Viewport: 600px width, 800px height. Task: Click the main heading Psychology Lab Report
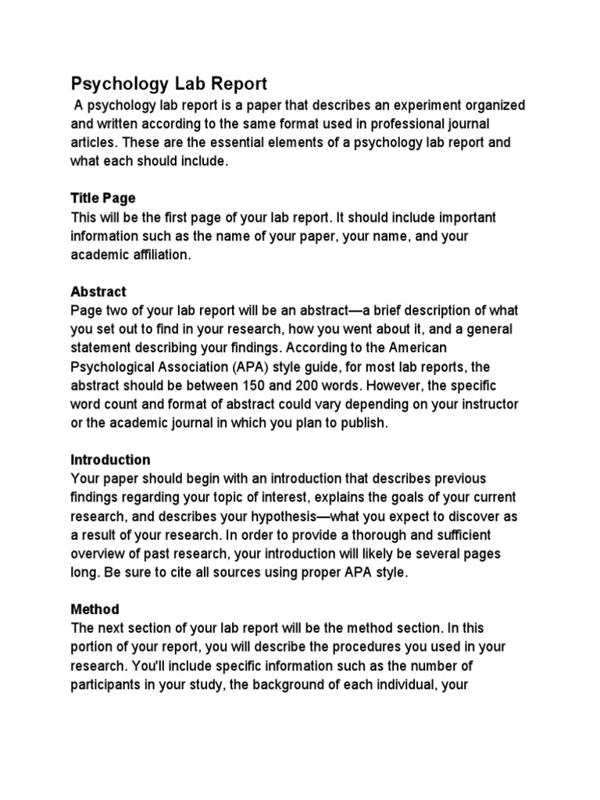(x=169, y=84)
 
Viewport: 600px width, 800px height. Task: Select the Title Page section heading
(x=103, y=198)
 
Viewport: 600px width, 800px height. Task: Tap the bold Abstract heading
(x=98, y=291)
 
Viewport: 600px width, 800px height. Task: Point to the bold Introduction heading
(x=111, y=459)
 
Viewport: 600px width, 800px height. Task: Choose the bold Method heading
(x=95, y=609)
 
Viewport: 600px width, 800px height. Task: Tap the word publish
(x=360, y=423)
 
